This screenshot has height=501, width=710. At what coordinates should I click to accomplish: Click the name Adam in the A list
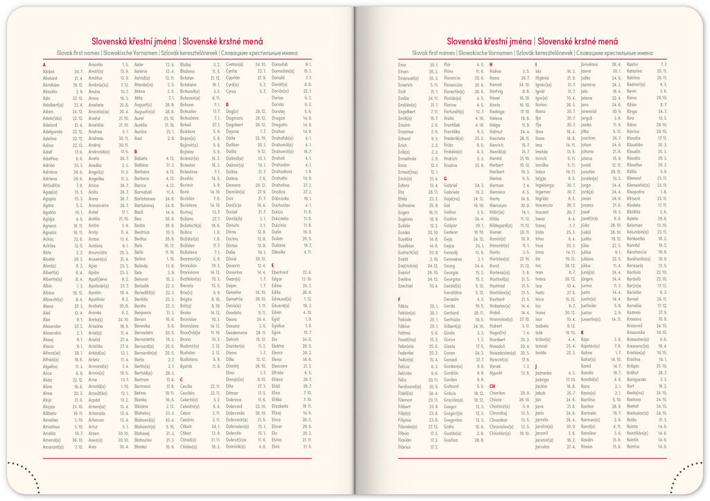pos(49,111)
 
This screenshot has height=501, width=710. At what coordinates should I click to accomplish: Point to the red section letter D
pos(227,104)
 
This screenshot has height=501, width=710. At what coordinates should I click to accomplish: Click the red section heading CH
pos(492,386)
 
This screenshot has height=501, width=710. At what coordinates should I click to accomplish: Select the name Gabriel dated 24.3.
pos(451,185)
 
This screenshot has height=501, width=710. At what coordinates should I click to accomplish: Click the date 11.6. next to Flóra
pos(480,71)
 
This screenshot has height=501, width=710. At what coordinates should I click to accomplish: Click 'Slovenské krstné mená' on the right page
pos(579,42)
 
